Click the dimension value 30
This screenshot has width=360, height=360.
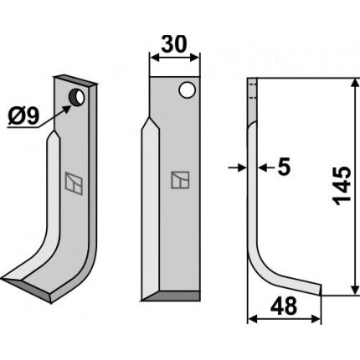173,44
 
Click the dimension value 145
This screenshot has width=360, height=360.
342,186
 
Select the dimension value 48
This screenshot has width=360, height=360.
283,306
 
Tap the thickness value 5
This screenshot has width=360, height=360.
284,167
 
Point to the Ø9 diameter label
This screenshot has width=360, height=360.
23,116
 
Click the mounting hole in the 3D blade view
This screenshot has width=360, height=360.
76,97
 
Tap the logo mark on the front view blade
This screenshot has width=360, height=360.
180,180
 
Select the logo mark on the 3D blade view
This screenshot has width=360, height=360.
74,183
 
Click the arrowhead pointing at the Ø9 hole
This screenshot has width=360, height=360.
66,108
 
